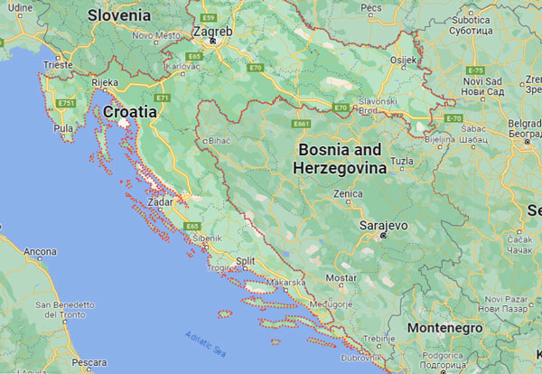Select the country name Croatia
click(130, 112)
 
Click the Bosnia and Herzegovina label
click(340, 158)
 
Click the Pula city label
click(64, 128)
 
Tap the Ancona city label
click(40, 250)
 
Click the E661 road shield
click(301, 124)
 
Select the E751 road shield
click(67, 104)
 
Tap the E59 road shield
click(210, 17)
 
